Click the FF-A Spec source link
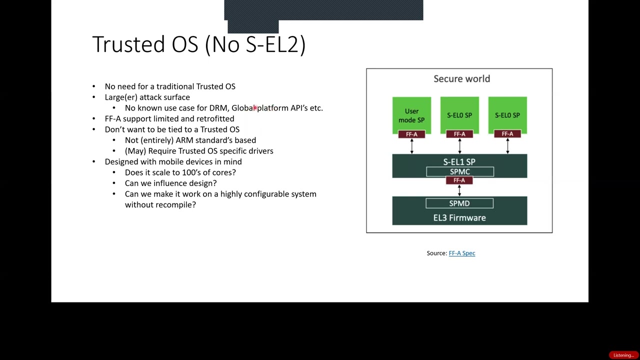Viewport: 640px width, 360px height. point(461,253)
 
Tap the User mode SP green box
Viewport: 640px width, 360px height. point(411,114)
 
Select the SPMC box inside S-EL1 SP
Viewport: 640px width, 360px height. point(459,171)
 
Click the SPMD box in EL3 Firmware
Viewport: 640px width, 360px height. point(459,203)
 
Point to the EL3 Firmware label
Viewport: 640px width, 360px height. point(459,217)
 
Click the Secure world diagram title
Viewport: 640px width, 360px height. point(461,78)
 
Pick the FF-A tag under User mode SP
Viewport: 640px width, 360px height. point(411,134)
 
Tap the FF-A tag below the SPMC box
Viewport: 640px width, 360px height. point(459,180)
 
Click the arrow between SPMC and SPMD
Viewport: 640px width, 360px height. point(459,190)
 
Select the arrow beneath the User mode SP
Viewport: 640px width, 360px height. point(411,146)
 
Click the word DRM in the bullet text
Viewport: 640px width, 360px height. point(218,108)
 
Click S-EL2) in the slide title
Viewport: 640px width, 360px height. point(275,44)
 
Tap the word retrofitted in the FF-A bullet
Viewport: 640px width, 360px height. point(215,119)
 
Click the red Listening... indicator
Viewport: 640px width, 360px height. point(623,355)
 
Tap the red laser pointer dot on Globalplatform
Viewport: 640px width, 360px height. point(254,107)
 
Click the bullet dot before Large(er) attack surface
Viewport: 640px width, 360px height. point(93,97)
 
